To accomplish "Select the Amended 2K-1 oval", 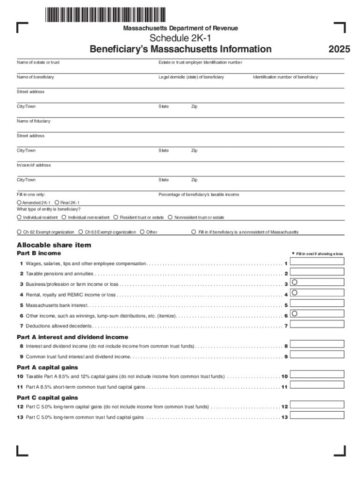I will (x=19, y=203).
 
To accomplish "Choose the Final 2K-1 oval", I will (x=57, y=203).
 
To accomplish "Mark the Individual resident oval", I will (x=19, y=218).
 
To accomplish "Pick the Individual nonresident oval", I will (x=64, y=218).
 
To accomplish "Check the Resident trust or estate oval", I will (x=116, y=218).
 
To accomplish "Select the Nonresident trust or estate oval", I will (x=170, y=218).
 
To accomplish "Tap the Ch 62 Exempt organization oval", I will (x=19, y=232).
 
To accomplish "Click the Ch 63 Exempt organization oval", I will (x=81, y=232).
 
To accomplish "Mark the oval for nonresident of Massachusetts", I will (x=194, y=232).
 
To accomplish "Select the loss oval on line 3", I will (x=295, y=282).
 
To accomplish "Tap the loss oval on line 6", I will (x=295, y=313).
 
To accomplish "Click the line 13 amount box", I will (x=317, y=415).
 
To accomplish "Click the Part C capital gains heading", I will (x=47, y=398).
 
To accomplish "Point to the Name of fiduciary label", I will (x=34, y=121).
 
